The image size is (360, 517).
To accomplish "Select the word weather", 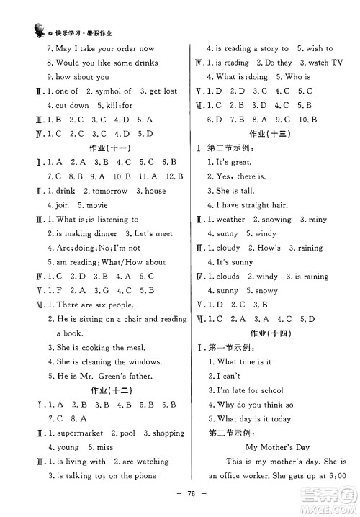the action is tap(231, 219).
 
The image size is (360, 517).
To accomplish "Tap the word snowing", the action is tap(274, 219).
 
